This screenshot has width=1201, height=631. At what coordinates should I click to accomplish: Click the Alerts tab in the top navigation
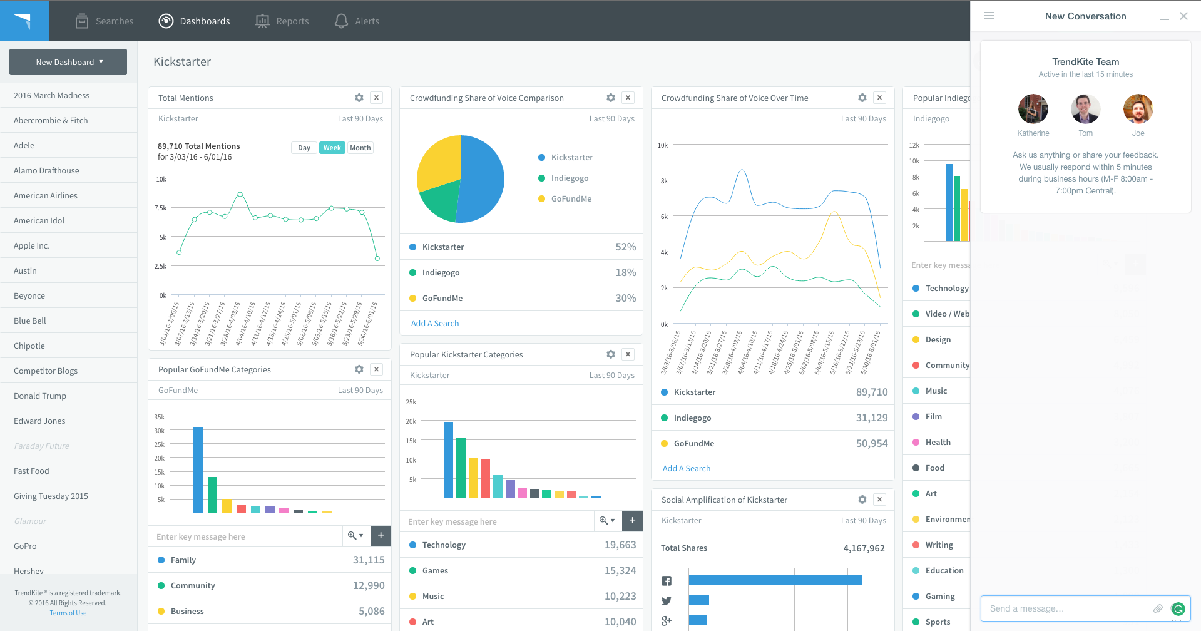tap(357, 21)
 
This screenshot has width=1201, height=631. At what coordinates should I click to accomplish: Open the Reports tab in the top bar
tap(283, 21)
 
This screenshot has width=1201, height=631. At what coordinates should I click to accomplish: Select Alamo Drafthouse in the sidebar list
tap(46, 170)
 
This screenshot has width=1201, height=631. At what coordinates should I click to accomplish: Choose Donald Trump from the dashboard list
tap(40, 396)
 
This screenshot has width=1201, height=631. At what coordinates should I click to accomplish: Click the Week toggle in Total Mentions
tap(332, 148)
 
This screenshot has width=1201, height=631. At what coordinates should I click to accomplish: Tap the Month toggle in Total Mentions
tap(360, 148)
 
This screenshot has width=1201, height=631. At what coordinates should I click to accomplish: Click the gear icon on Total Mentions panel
tap(359, 98)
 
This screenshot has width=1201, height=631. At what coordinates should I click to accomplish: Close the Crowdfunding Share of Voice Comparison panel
tap(628, 98)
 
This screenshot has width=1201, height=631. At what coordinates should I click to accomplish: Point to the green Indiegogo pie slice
tap(440, 200)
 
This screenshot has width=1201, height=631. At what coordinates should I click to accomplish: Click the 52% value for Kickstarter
tap(625, 247)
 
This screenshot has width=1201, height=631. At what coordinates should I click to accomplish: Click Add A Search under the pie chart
tap(435, 324)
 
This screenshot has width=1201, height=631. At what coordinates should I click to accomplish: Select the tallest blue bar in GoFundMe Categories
tap(198, 469)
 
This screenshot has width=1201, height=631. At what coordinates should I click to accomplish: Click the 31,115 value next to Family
tap(369, 560)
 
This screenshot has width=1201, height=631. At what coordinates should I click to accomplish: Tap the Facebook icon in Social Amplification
tap(667, 581)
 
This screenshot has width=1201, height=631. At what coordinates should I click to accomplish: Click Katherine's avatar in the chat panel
tap(1033, 109)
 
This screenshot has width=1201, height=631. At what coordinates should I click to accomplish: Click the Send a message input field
tap(1067, 608)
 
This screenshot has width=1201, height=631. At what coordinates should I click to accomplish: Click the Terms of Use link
tap(68, 613)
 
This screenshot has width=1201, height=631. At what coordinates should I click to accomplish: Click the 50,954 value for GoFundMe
tap(872, 444)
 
